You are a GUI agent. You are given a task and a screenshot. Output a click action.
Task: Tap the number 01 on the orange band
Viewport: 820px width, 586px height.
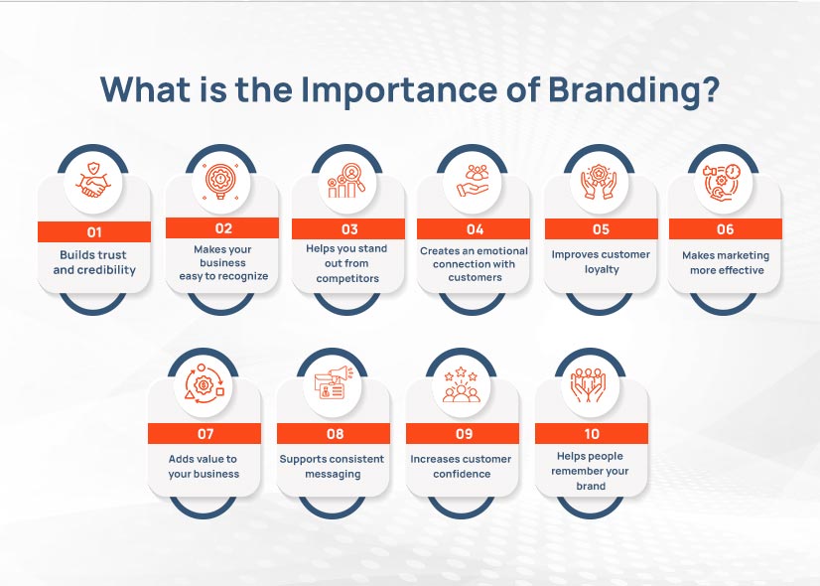click(94, 231)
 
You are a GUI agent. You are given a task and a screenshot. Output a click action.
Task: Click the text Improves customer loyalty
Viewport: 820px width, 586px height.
click(601, 261)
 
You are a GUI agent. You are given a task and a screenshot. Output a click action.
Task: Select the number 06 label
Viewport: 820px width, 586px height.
click(726, 229)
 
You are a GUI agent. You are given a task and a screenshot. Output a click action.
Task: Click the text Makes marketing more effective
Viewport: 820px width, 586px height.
click(726, 262)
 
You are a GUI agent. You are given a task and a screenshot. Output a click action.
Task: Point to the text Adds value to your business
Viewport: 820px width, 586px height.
click(204, 466)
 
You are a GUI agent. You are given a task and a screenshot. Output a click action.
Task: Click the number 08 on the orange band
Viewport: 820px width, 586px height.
click(335, 434)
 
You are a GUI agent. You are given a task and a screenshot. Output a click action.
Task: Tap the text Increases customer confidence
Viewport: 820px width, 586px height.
click(462, 466)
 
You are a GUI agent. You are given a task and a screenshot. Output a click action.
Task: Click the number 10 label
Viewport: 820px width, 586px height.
click(592, 434)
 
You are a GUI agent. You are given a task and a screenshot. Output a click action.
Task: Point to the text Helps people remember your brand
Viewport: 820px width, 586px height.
click(592, 471)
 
